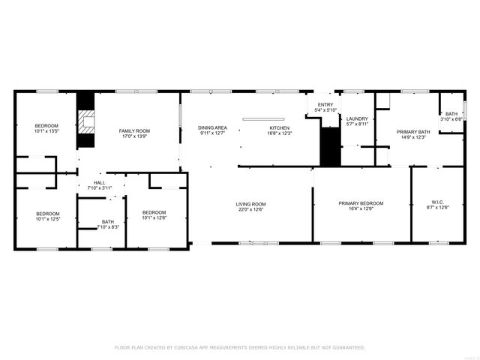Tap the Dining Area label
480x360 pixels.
212,128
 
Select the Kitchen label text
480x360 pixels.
280,128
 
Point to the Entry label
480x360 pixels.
325,105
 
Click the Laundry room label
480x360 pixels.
357,118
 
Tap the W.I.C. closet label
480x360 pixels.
437,202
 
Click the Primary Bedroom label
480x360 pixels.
361,203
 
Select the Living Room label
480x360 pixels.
251,204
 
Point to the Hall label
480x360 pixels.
99,182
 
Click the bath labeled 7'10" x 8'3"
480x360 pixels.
108,226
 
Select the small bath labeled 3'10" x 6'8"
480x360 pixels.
451,118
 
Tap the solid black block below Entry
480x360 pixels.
330,147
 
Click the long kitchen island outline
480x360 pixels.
262,118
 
